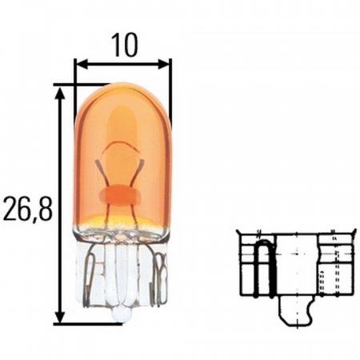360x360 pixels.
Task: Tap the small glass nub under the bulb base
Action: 120,315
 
